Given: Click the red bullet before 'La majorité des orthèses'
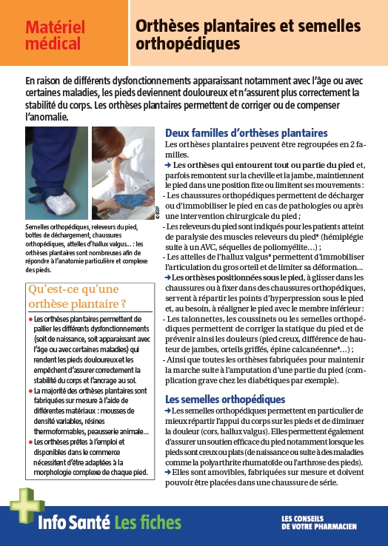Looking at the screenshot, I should pos(30,389).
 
